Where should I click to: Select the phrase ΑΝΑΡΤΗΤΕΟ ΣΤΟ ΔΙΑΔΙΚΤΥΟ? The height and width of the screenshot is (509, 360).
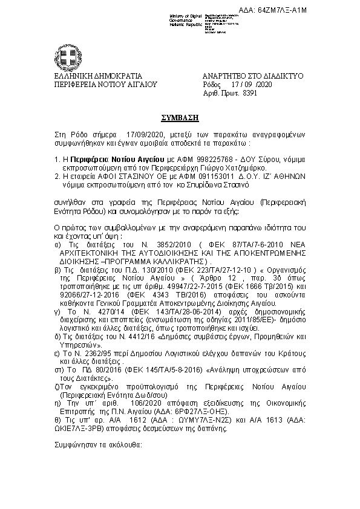(x=252, y=76)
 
